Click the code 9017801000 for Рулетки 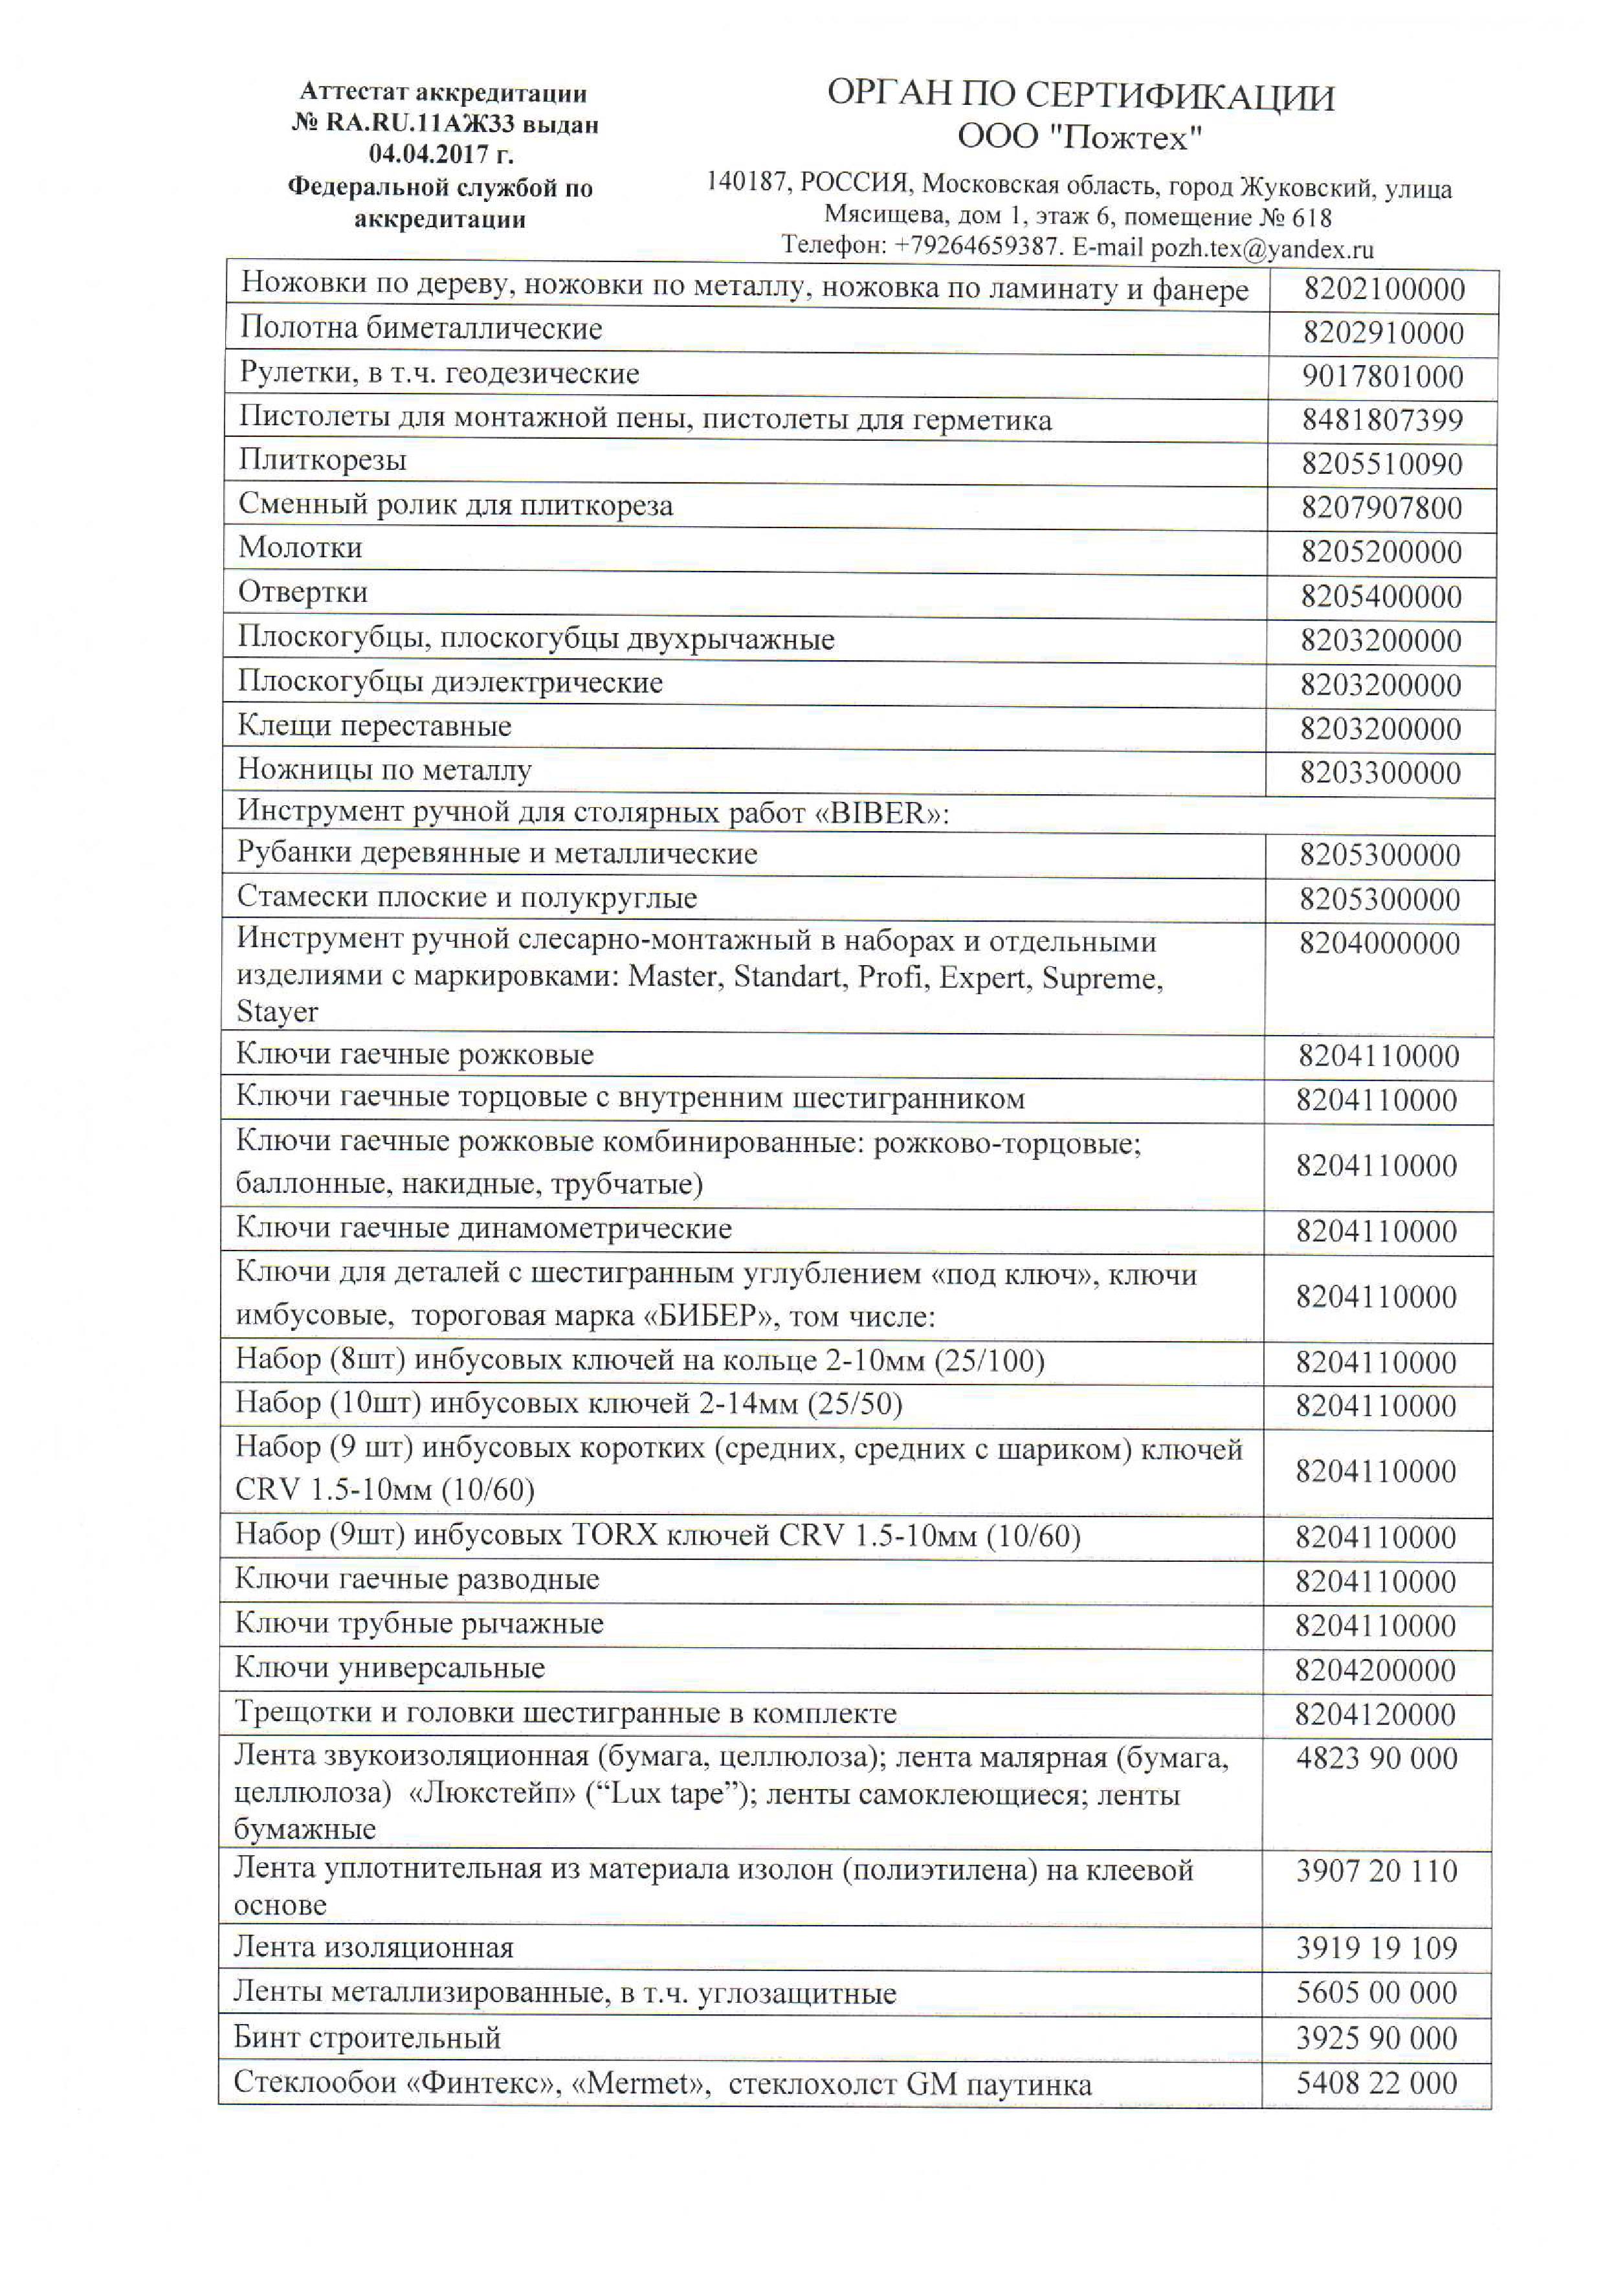tap(1380, 377)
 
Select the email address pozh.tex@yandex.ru tap(1262, 249)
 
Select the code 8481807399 tap(1380, 420)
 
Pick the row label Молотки tap(300, 548)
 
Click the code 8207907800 tap(1380, 508)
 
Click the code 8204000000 tap(1378, 943)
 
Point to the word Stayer tap(277, 1012)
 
